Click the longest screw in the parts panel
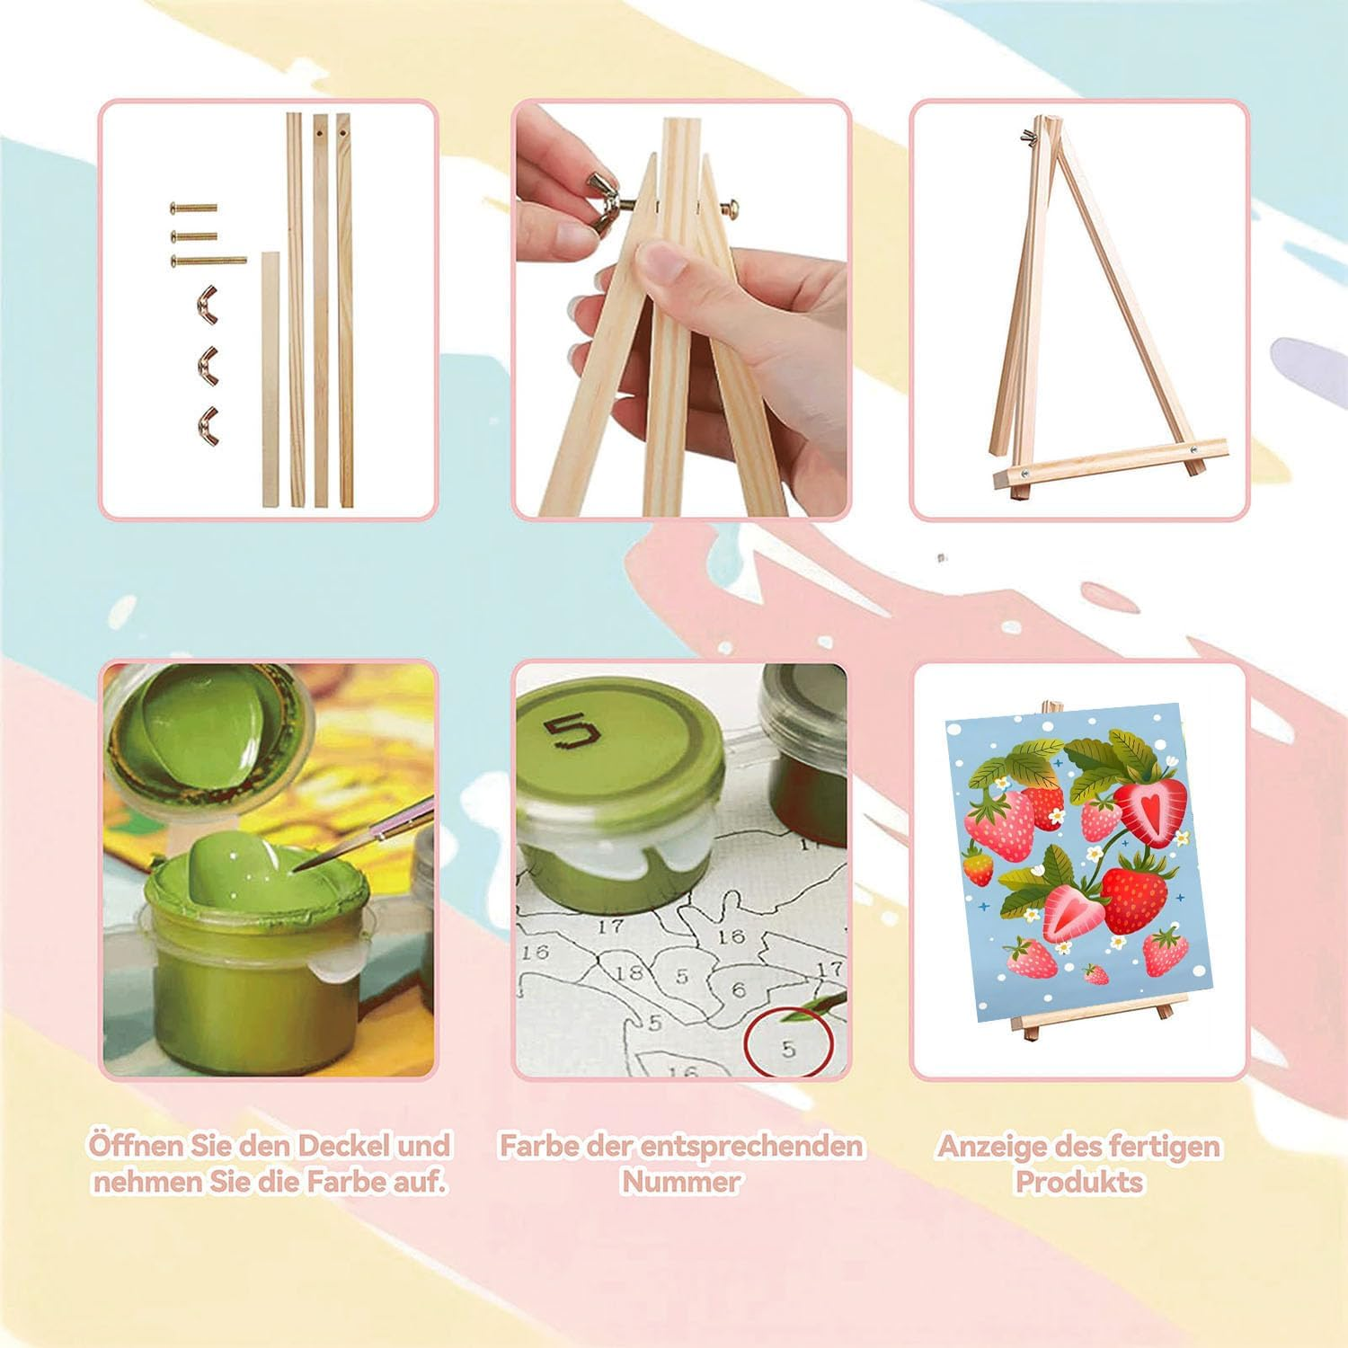[x=208, y=260]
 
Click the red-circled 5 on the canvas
[x=788, y=1048]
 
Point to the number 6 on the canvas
[x=738, y=989]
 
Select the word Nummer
[x=681, y=1181]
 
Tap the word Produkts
[x=1078, y=1181]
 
